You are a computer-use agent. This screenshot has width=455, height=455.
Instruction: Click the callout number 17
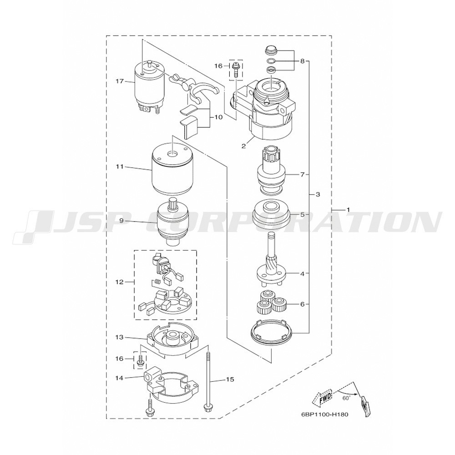click(x=120, y=81)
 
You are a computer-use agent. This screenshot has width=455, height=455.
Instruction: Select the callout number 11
click(x=120, y=167)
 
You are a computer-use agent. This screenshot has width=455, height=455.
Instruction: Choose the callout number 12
click(x=120, y=282)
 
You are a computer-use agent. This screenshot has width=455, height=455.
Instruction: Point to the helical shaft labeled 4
click(x=270, y=258)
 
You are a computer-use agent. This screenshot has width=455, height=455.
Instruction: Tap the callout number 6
click(x=303, y=304)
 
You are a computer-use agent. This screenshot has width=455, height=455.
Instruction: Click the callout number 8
click(x=303, y=61)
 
